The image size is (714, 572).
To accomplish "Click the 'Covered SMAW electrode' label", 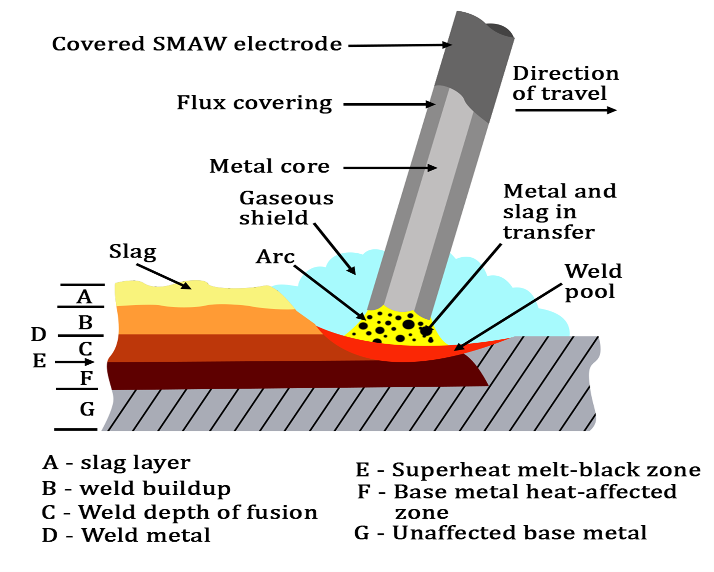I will click(x=196, y=44).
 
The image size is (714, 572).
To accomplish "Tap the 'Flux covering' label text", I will click(x=254, y=103).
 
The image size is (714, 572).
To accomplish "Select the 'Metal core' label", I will click(x=269, y=166).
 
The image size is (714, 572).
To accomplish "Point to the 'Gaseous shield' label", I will click(x=286, y=208).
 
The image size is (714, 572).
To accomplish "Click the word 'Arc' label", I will click(x=275, y=257).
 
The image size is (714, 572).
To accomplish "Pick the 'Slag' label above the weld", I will click(x=132, y=252).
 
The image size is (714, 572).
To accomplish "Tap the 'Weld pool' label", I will click(x=593, y=281).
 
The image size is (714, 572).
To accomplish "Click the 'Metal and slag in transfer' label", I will click(x=559, y=211).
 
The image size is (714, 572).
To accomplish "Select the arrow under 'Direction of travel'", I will click(x=565, y=110).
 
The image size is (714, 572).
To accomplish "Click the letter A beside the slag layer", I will click(x=85, y=297).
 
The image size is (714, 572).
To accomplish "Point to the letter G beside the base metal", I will click(x=87, y=409).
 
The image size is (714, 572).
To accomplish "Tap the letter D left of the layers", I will click(x=39, y=334).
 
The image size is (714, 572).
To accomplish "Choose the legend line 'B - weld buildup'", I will click(x=136, y=488).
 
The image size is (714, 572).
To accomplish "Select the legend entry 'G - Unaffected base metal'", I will click(x=500, y=532).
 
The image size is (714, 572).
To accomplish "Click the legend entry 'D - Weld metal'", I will click(x=126, y=535).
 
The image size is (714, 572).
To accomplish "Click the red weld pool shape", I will click(x=406, y=352).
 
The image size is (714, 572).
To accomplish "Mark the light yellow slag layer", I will click(x=195, y=296).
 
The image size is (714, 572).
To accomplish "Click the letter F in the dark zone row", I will click(x=87, y=378).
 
